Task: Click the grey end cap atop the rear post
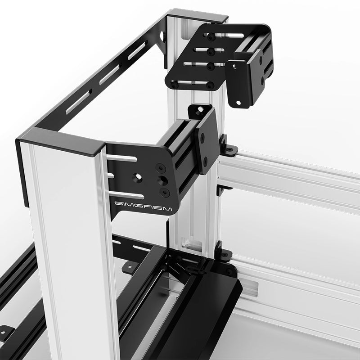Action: tap(198, 16)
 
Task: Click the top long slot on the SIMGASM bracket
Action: tap(121, 158)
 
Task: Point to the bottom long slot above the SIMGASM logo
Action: tap(127, 195)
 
